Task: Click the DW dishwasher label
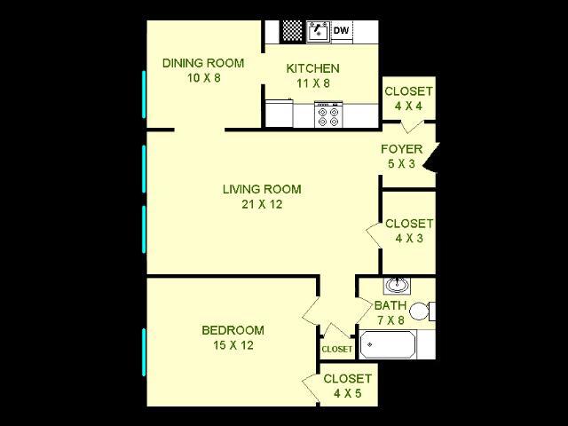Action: pos(341,32)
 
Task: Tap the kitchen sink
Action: pos(318,31)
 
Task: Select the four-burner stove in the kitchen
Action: pos(328,114)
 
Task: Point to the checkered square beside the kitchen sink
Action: pos(293,31)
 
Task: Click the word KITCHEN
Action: pos(312,68)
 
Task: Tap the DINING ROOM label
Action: pos(203,63)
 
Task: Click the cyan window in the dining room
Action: pos(143,93)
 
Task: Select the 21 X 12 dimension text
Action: pos(261,204)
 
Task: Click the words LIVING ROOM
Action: pos(261,189)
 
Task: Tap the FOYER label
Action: pos(401,149)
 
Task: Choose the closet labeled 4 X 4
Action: pos(408,99)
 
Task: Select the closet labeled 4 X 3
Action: pos(408,231)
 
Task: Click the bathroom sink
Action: pos(396,286)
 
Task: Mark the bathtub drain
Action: pos(369,344)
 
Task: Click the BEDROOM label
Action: pos(233,330)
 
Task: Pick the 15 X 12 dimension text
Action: pos(233,345)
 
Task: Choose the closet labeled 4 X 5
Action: pos(347,385)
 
